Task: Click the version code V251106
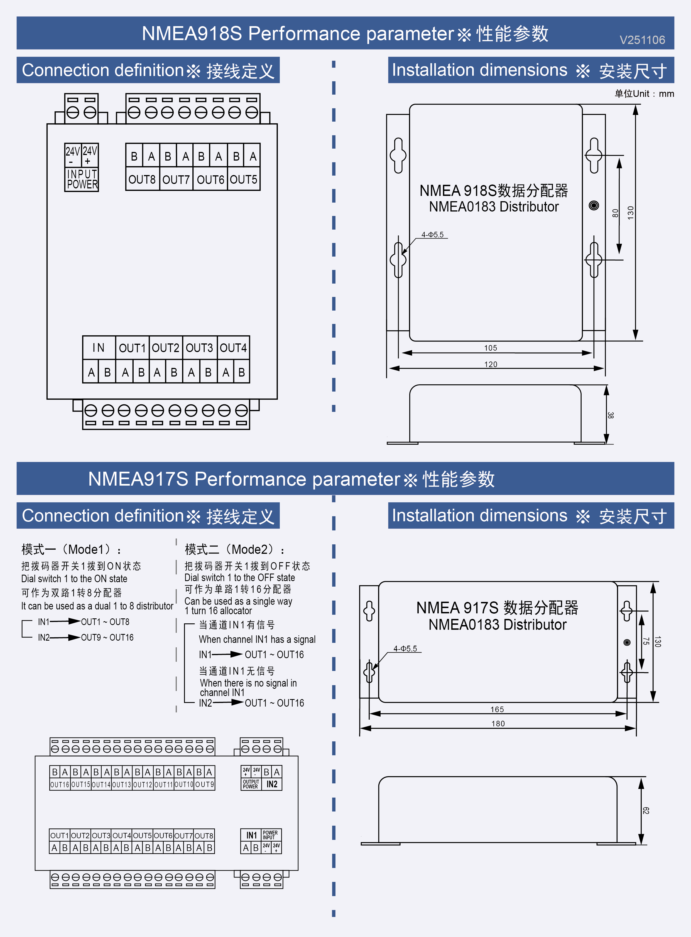[642, 40]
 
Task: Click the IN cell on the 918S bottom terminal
[99, 348]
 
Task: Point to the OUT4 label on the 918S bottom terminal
[233, 348]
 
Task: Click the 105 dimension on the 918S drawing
[491, 348]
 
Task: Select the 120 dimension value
[491, 364]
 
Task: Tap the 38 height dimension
[611, 415]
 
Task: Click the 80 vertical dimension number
[615, 213]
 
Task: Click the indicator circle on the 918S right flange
[594, 205]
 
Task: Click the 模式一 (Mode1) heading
[71, 549]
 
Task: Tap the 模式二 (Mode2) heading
[234, 549]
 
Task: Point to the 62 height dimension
[646, 811]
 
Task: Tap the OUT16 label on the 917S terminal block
[59, 785]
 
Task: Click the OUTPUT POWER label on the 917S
[251, 784]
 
